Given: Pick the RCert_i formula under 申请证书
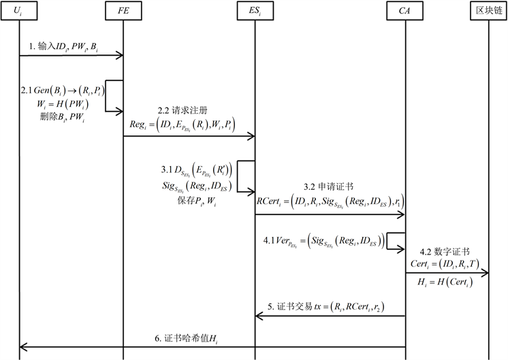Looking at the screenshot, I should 329,201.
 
